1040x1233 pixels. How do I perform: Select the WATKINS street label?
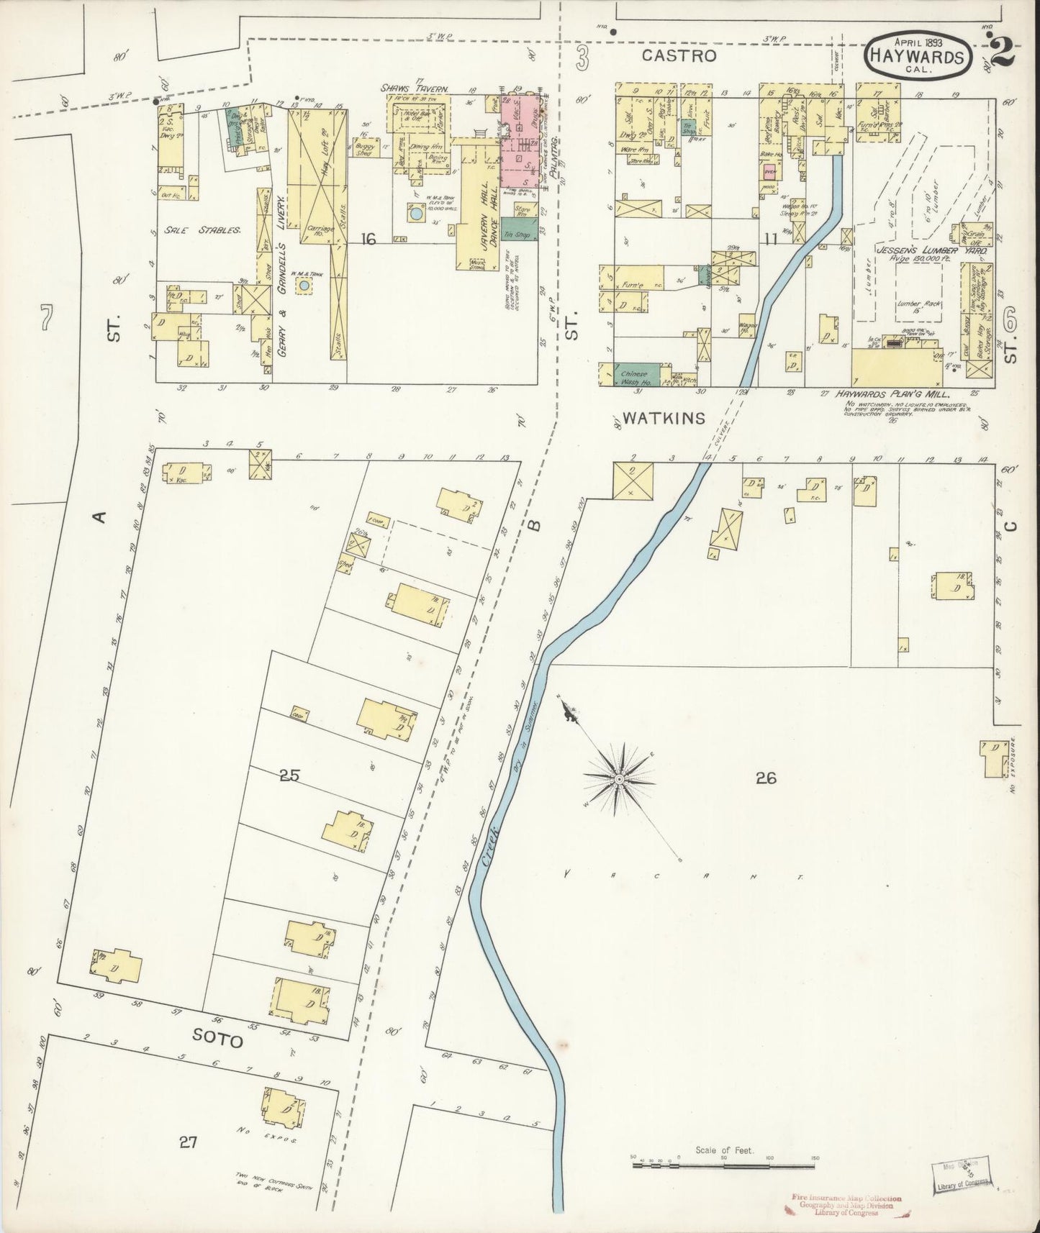pyautogui.click(x=663, y=418)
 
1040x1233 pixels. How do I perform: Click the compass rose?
pyautogui.click(x=618, y=779)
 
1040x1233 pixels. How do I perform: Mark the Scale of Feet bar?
pyautogui.click(x=724, y=1163)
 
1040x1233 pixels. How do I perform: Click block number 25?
pyautogui.click(x=289, y=776)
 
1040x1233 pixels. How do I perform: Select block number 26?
pyautogui.click(x=766, y=778)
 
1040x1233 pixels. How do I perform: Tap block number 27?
pyautogui.click(x=188, y=1142)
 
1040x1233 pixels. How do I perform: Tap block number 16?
pyautogui.click(x=368, y=239)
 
